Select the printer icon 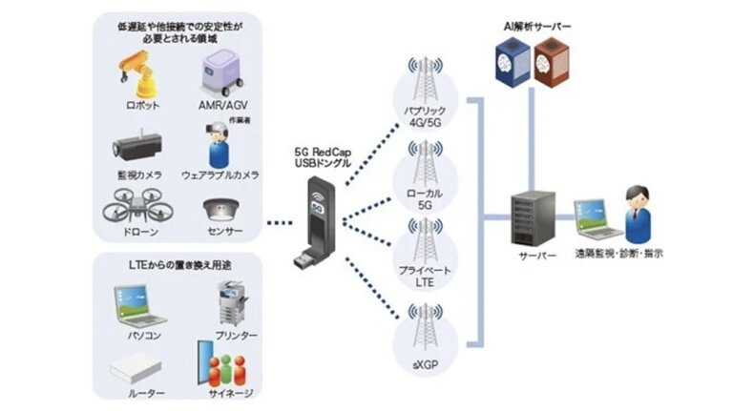[x=232, y=304]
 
